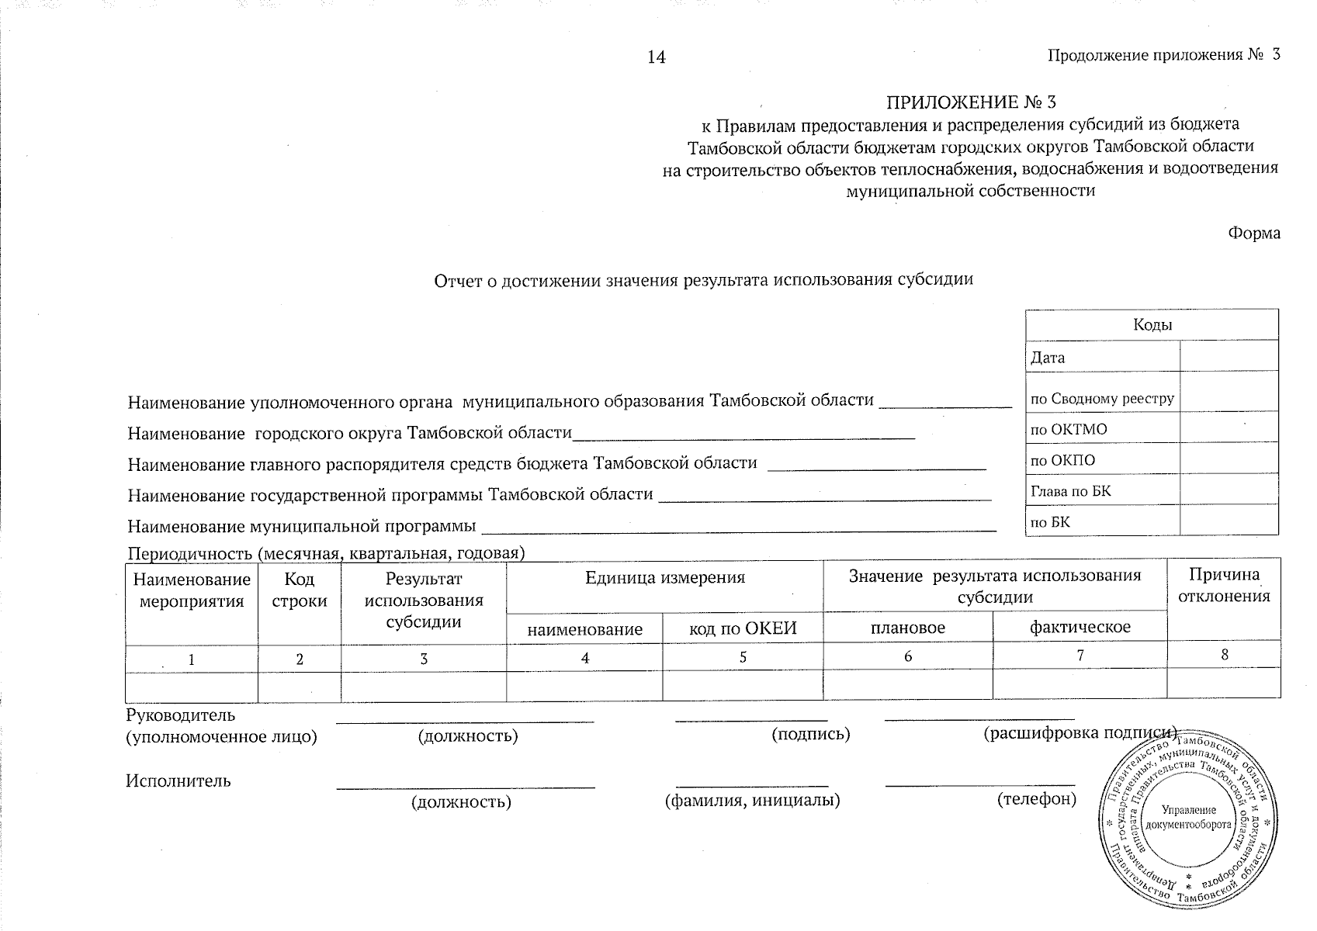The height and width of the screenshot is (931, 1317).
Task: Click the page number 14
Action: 657,57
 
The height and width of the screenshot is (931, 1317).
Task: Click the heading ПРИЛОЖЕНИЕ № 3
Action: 971,102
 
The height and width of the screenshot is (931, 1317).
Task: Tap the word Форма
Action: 1253,234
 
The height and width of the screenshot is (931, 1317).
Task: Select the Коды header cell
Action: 1152,325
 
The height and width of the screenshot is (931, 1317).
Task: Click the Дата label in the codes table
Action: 1048,358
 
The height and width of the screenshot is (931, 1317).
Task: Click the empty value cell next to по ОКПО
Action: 1229,459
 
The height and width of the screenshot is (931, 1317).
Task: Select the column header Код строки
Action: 300,590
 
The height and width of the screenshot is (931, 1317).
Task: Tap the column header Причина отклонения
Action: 1224,586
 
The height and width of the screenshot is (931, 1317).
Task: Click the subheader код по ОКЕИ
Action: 743,628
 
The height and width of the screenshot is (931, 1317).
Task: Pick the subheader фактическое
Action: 1080,627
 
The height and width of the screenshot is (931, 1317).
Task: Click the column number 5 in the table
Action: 743,657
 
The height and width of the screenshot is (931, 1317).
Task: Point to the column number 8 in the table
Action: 1225,654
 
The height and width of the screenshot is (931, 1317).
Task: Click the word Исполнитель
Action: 178,780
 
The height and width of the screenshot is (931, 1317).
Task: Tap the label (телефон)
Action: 1036,798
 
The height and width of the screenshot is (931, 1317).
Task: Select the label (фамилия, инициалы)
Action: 753,800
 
